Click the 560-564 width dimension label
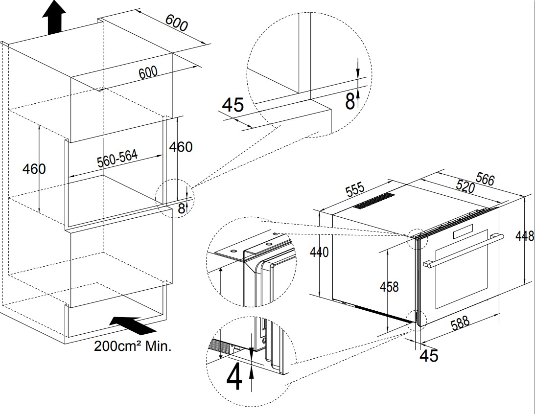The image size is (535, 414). [117, 159]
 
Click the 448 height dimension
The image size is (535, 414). [525, 236]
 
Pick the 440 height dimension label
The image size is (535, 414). [319, 252]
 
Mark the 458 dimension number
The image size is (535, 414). [389, 286]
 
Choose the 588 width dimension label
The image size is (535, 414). [460, 323]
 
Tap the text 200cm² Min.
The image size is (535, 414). [133, 346]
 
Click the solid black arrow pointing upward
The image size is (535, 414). [54, 17]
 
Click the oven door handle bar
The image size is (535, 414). [463, 250]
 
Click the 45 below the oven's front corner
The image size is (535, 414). [429, 355]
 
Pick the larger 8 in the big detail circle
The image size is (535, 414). [349, 101]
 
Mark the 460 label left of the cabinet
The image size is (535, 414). [34, 169]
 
